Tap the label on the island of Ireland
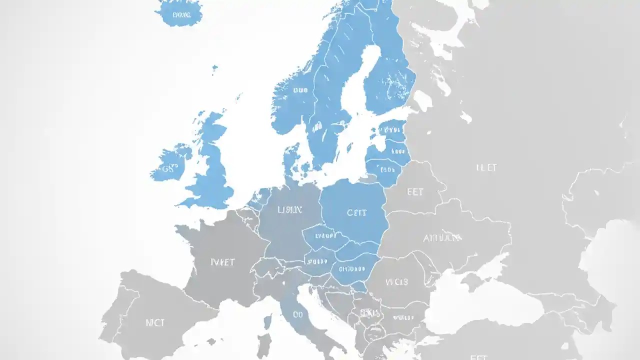(x=171, y=168)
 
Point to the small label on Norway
(x=300, y=90)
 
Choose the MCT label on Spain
(x=155, y=322)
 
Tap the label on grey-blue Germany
(x=289, y=210)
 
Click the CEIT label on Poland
(x=356, y=212)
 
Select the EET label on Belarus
(x=415, y=191)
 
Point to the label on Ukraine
(x=442, y=238)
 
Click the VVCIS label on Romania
(x=397, y=282)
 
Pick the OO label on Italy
(x=298, y=314)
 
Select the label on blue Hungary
(x=353, y=269)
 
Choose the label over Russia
(x=486, y=168)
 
